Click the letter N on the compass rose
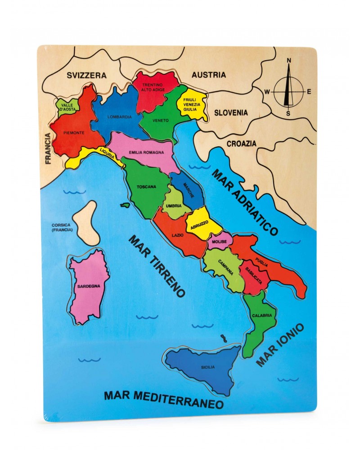(x=289, y=60)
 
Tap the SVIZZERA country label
(x=86, y=76)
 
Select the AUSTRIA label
(x=209, y=75)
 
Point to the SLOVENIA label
(x=230, y=112)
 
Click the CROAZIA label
(x=241, y=144)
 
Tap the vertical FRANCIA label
(x=48, y=149)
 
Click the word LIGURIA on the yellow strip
(x=110, y=155)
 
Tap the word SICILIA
(x=208, y=367)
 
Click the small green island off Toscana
(x=124, y=205)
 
